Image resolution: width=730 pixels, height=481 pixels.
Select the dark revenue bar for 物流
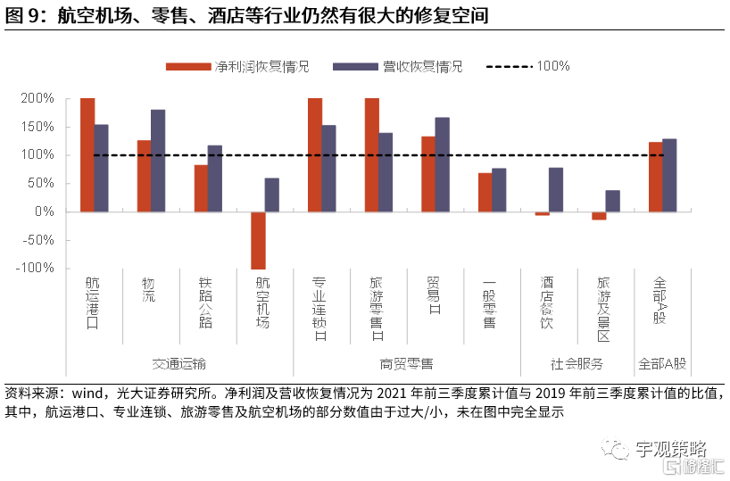click(x=158, y=161)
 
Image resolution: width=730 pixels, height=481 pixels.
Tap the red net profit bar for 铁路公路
click(x=201, y=188)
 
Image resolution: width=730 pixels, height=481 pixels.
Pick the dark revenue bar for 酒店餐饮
click(x=556, y=189)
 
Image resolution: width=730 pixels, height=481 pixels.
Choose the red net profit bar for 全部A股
click(x=655, y=177)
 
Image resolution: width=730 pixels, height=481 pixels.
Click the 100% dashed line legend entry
click(x=553, y=67)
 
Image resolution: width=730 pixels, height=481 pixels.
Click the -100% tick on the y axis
click(x=37, y=268)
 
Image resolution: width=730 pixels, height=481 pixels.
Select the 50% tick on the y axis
click(x=41, y=183)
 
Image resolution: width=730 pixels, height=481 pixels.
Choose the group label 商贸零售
click(x=406, y=364)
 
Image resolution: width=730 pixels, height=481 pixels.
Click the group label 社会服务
click(x=577, y=364)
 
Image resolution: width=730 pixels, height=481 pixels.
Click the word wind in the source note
click(x=89, y=394)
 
